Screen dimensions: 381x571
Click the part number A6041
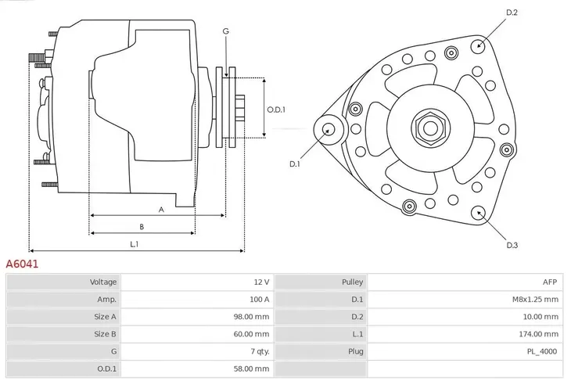click(23, 264)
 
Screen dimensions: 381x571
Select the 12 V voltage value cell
click(261, 282)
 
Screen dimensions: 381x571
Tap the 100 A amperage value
click(260, 299)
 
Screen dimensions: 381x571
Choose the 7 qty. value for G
click(257, 351)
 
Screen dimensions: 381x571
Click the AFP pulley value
click(550, 282)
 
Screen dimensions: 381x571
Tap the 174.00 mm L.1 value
click(538, 334)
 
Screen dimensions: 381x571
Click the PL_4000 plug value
click(541, 351)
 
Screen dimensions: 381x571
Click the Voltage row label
click(103, 282)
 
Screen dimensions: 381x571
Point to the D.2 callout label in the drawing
click(512, 13)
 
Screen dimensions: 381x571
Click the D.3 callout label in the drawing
click(512, 245)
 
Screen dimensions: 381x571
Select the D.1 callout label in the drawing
click(295, 164)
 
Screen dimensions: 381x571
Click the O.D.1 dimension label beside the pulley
click(276, 110)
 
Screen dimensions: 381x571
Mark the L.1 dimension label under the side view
click(135, 245)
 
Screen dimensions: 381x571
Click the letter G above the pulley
click(225, 31)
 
